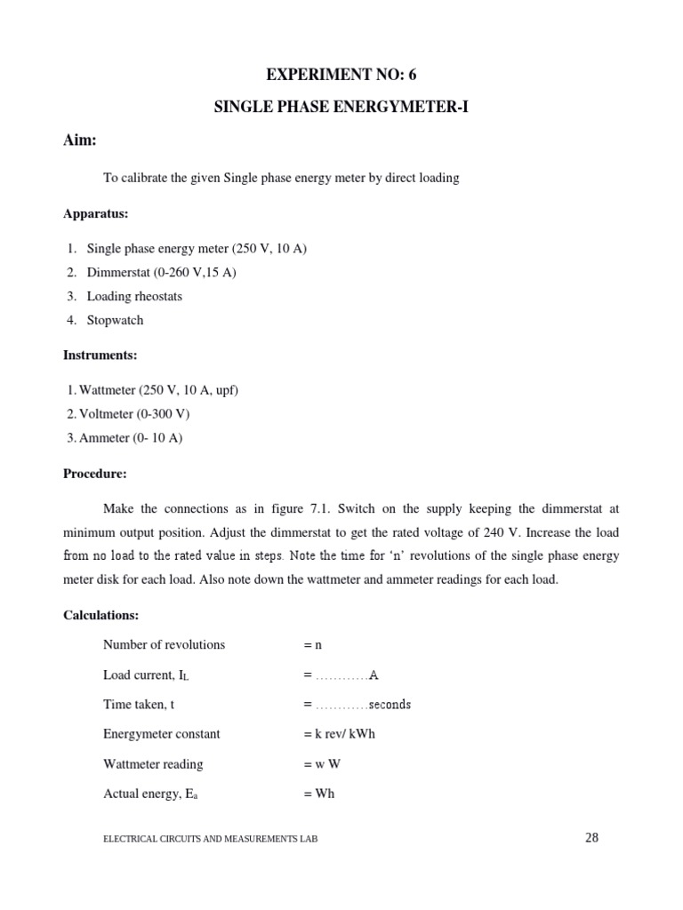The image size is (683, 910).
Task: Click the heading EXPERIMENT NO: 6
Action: coord(341,75)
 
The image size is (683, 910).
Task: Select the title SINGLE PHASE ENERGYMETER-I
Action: coord(341,108)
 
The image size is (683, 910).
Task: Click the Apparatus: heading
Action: coord(96,213)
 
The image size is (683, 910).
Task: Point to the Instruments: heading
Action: coord(100,355)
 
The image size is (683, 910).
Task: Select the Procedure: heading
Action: coord(95,474)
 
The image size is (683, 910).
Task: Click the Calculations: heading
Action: coord(100,615)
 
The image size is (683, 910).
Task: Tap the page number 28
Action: coord(593,836)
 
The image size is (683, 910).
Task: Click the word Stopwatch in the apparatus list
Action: coord(115,320)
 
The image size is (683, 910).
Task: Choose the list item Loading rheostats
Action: coord(134,296)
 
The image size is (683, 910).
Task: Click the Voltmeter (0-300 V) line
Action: coord(129,413)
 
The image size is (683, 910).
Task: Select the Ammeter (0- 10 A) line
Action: coord(125,437)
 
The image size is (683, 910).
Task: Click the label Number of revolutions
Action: coord(164,644)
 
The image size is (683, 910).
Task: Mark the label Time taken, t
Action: coord(139,704)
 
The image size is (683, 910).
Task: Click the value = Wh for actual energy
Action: coord(318,794)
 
